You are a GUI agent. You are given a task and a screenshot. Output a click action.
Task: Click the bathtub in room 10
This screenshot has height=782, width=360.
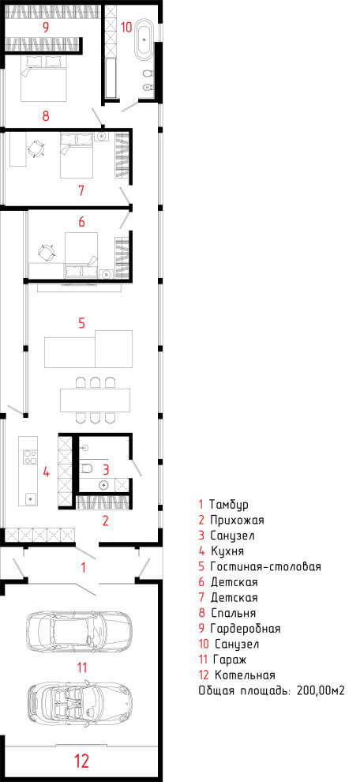[x=145, y=37]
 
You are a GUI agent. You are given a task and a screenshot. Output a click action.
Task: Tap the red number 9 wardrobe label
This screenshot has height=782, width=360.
[x=45, y=28]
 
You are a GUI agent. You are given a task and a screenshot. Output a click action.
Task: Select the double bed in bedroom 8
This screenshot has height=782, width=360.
[x=44, y=78]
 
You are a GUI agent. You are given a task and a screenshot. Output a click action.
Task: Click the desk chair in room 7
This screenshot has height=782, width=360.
[x=36, y=149]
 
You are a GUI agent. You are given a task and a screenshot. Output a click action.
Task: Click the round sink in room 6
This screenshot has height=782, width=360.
[x=105, y=273]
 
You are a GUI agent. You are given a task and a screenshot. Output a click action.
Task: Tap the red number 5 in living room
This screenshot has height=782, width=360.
[x=82, y=323]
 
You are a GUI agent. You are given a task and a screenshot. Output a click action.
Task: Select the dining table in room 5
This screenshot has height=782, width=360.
[x=96, y=400]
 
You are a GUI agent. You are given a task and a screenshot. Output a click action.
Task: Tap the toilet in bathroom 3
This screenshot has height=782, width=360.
[x=88, y=468]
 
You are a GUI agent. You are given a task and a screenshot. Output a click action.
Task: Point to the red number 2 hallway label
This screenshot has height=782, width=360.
[x=105, y=521]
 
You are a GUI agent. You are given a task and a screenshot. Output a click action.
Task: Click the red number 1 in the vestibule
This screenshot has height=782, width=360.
[x=84, y=567]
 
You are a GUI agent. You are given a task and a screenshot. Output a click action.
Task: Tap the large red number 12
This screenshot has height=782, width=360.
[x=82, y=761]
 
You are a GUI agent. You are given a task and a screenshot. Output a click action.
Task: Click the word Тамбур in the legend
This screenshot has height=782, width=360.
[x=229, y=504]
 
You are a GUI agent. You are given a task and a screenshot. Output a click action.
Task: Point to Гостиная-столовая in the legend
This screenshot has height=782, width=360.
[x=265, y=566]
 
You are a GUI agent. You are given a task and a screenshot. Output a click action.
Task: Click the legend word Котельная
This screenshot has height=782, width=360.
[x=245, y=675]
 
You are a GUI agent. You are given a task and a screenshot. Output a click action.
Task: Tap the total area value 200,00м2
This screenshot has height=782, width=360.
[x=321, y=690]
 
